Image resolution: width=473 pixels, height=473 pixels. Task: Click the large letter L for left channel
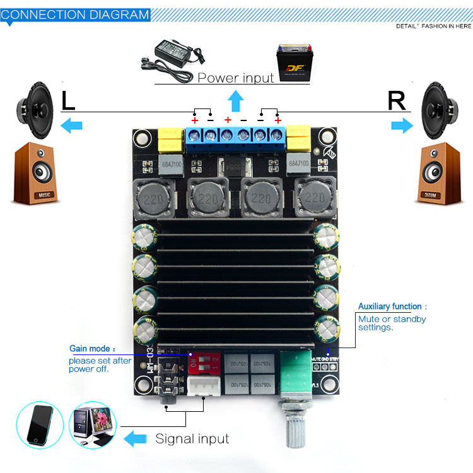pos(68,101)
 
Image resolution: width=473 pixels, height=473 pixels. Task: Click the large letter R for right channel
pos(397,101)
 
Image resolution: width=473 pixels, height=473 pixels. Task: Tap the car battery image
pos(295,63)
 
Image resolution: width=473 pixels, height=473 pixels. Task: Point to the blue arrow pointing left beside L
pos(71,126)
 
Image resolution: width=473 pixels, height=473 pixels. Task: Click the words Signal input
pos(192,439)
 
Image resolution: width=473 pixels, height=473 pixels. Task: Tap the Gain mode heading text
pos(92,349)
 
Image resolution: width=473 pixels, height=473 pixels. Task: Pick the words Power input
pos(236,78)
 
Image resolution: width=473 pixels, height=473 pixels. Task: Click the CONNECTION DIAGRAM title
pos(75,14)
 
